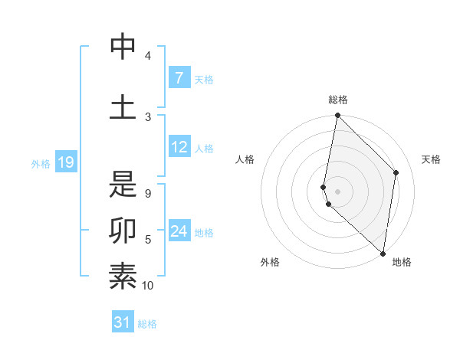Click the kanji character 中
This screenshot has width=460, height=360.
point(123,47)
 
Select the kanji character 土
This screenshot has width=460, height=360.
point(123,106)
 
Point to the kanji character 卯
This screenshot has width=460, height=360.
point(123,229)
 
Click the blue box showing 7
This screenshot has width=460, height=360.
point(179,78)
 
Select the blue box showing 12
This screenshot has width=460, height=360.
point(179,147)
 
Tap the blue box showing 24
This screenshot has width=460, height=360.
point(179,231)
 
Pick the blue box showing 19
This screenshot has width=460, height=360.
point(65,162)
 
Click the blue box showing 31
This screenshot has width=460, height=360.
point(123,322)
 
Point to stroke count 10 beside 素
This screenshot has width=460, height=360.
point(148,286)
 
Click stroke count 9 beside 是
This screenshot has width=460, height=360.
point(148,194)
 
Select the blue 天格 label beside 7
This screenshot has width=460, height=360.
point(204,79)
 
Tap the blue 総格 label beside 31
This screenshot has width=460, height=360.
point(147,324)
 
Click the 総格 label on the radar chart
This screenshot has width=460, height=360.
point(338,100)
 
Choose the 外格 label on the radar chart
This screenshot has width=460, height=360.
point(270,262)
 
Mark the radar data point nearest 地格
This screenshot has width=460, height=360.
point(383,254)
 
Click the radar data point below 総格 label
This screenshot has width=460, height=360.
point(338,116)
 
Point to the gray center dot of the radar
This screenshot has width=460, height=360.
point(338,191)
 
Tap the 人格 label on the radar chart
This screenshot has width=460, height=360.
point(245,159)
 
